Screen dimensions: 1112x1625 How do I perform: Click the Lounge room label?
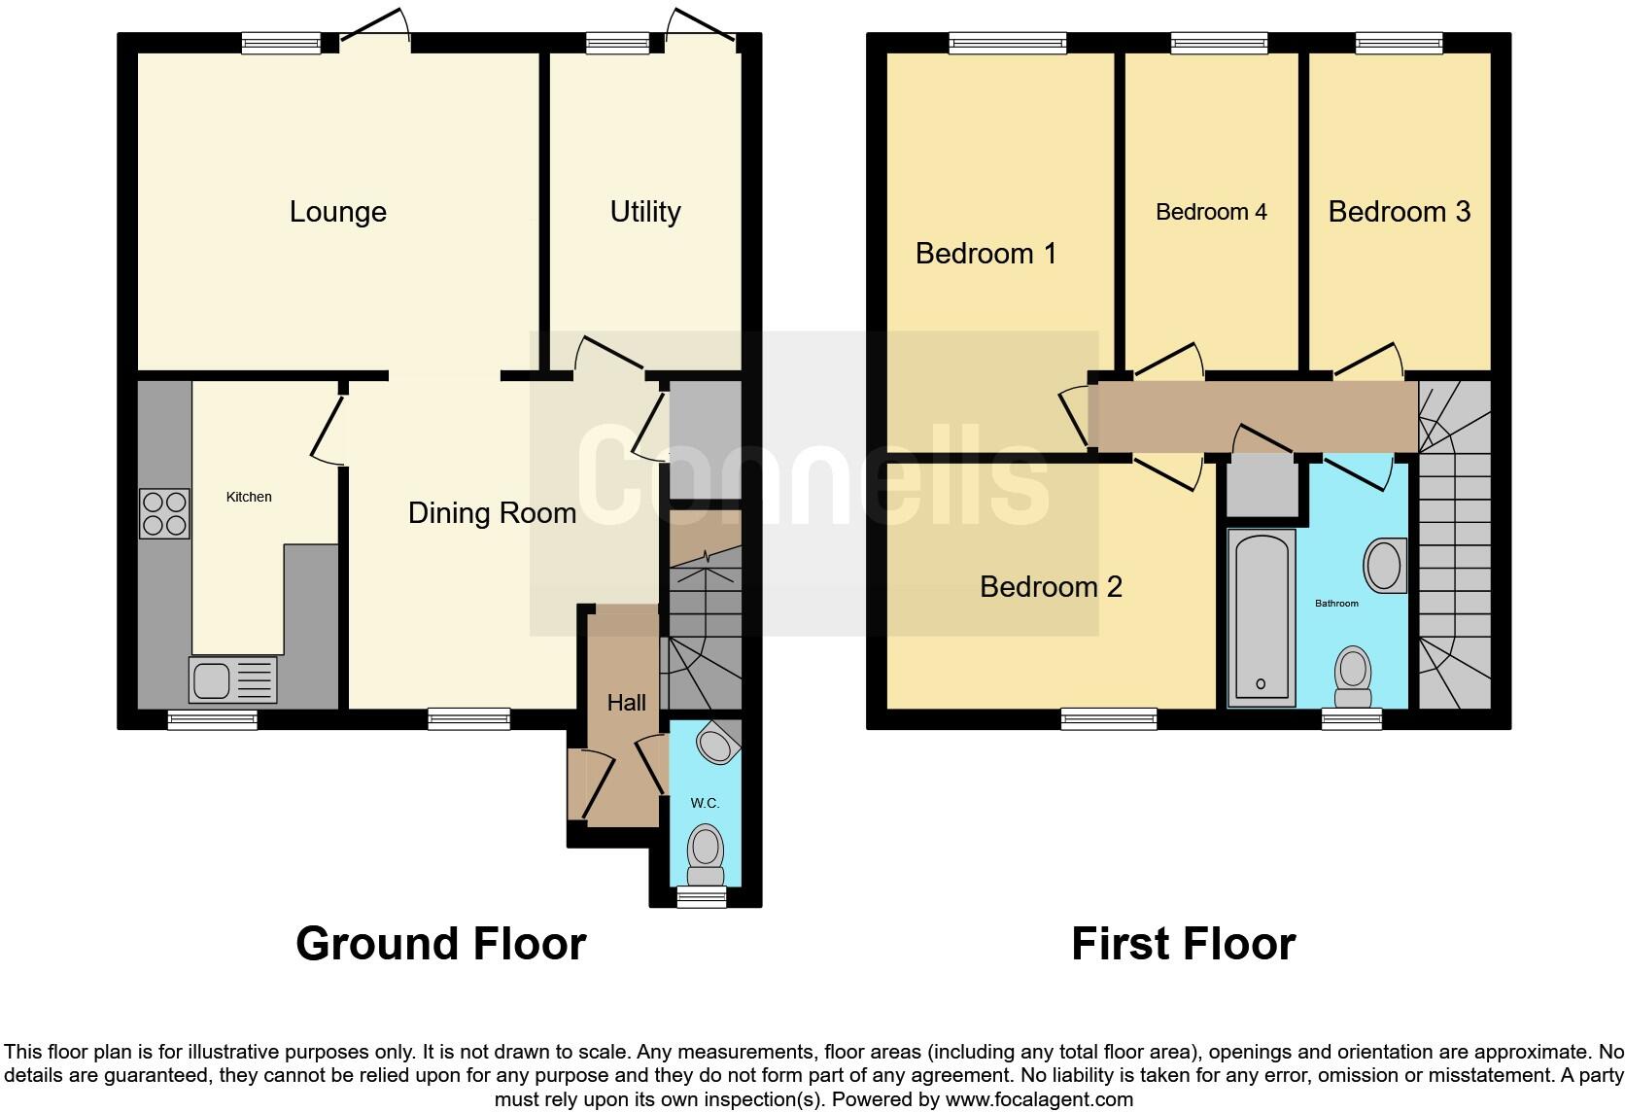coord(337,212)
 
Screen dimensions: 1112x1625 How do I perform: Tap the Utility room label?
coord(644,212)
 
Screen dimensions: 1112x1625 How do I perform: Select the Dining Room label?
coord(492,513)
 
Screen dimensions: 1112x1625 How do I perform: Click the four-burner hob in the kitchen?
coord(164,513)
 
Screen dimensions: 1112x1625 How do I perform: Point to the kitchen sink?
coord(233,678)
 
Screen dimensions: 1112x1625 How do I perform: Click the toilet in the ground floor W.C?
coord(706,848)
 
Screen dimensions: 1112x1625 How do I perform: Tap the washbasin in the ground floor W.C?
coord(717,746)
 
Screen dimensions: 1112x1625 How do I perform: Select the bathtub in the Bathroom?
coord(1262,617)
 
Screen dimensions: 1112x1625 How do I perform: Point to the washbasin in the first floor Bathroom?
coord(1384,565)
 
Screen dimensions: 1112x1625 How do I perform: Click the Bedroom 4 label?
coord(1211,212)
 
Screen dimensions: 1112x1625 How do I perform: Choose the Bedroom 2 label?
coord(1051,587)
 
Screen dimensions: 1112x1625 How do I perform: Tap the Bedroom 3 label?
coord(1399,212)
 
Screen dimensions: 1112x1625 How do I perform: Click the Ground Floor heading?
coord(440,944)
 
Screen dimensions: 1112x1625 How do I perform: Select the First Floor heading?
coord(1183,944)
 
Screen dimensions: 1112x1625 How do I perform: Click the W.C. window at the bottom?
coord(701,897)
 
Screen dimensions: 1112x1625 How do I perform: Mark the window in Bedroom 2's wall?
coord(1109,719)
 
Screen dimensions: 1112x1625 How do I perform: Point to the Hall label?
coord(626,703)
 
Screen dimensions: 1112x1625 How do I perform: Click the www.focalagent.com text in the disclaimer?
coord(1039,1100)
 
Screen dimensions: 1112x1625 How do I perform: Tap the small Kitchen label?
coord(249,497)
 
